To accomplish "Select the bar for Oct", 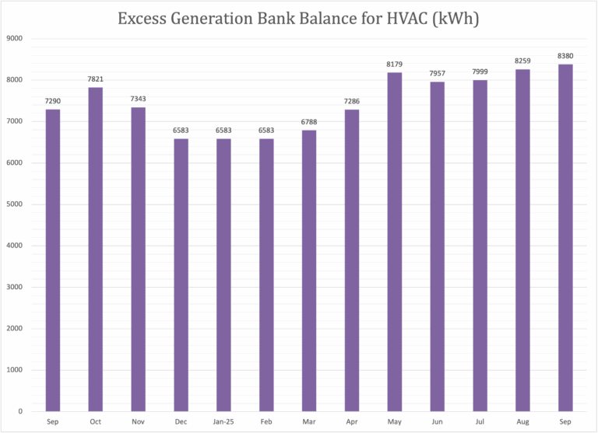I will [95, 249].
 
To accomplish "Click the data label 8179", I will [395, 65].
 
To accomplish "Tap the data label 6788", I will [309, 122].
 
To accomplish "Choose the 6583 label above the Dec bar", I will [181, 131].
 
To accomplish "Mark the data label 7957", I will [438, 74].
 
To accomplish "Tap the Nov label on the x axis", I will [138, 421].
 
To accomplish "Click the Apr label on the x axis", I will [352, 421].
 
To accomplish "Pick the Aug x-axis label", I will [522, 421].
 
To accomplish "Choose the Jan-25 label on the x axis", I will [223, 421].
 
